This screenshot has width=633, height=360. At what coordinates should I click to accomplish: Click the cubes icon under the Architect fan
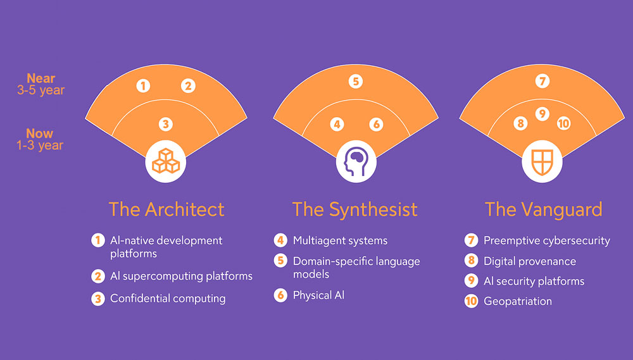click(x=165, y=161)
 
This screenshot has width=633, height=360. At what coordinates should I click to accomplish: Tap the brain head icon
click(x=356, y=161)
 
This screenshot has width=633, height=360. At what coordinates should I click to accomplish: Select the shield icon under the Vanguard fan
click(x=542, y=161)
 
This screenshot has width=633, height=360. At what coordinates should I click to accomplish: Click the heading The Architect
click(x=166, y=209)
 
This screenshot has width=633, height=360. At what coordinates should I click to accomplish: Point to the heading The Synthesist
click(x=355, y=210)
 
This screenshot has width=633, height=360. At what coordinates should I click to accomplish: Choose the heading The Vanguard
click(x=543, y=210)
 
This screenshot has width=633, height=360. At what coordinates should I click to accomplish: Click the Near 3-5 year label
click(x=41, y=84)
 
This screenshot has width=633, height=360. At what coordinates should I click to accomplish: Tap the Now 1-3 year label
click(x=40, y=139)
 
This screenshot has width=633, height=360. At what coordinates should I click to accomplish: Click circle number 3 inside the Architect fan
click(x=165, y=124)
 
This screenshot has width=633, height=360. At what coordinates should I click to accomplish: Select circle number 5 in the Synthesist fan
click(x=356, y=82)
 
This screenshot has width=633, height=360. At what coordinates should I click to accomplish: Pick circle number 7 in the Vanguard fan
click(x=542, y=81)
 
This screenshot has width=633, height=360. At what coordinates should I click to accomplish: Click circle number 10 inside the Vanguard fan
click(x=563, y=123)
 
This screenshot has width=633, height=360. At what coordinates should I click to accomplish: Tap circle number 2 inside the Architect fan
click(x=188, y=85)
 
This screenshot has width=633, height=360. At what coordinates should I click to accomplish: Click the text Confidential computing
click(x=168, y=299)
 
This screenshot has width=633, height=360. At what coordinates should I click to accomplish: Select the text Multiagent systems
click(x=341, y=241)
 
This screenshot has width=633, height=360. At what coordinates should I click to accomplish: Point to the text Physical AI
click(x=318, y=295)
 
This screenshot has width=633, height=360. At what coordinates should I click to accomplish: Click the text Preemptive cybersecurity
click(x=547, y=241)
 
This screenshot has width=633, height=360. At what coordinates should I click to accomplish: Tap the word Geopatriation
click(x=518, y=301)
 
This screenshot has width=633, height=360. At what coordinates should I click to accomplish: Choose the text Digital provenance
click(x=530, y=261)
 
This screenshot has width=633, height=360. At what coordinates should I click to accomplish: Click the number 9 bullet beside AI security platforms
click(x=471, y=280)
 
